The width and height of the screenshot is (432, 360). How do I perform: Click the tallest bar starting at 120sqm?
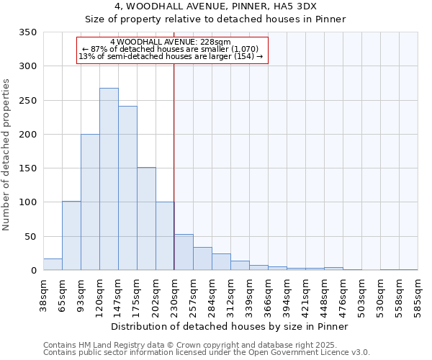(x=109, y=179)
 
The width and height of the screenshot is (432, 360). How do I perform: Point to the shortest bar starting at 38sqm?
(x=53, y=264)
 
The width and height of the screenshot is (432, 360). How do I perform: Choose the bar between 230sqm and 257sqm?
(x=184, y=253)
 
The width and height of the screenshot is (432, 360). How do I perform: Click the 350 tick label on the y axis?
(x=28, y=32)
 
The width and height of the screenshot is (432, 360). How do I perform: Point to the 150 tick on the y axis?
(x=28, y=168)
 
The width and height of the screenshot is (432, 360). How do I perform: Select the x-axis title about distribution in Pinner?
(x=230, y=326)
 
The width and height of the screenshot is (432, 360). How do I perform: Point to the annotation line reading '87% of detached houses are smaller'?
(x=172, y=49)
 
